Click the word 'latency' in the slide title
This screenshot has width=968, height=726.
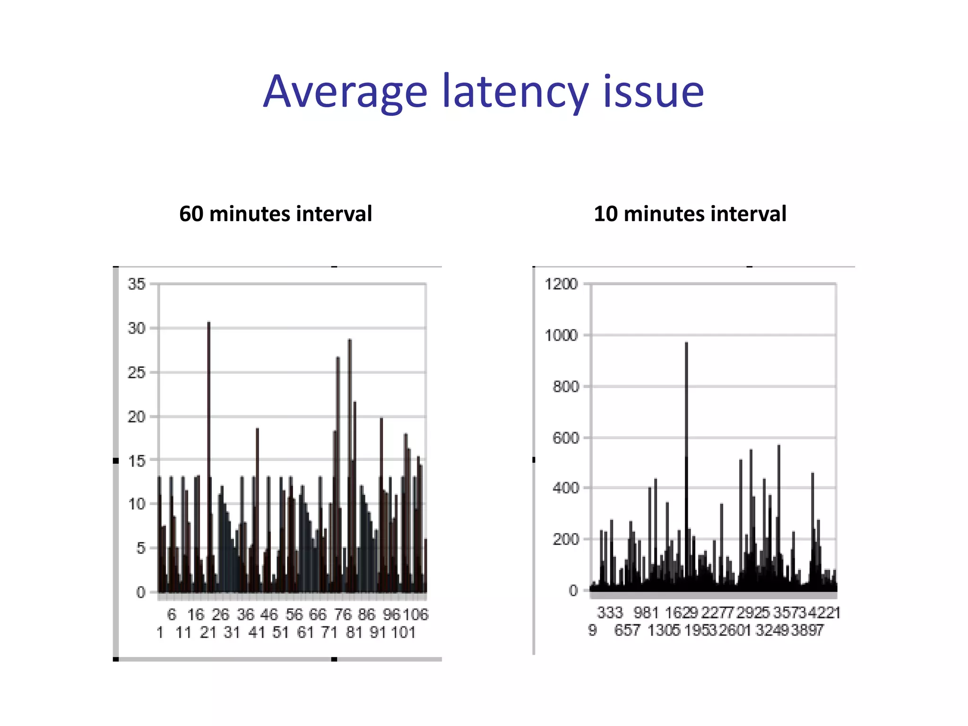(515, 92)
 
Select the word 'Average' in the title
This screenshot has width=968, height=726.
(346, 92)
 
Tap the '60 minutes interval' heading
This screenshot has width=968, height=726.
(276, 214)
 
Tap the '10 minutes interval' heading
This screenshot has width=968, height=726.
(690, 214)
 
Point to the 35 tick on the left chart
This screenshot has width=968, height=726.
(137, 284)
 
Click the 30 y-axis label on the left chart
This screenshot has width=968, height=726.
(137, 328)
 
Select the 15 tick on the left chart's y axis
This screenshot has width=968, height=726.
(137, 461)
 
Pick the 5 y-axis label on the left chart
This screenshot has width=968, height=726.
(141, 548)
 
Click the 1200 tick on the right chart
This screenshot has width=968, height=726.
(561, 284)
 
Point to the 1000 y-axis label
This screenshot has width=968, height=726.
(561, 336)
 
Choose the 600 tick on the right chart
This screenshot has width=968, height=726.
(565, 438)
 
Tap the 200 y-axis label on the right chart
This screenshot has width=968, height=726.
(565, 539)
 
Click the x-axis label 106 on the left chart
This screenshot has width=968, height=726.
(416, 614)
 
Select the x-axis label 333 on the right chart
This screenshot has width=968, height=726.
(610, 613)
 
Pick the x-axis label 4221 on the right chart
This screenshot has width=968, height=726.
(824, 613)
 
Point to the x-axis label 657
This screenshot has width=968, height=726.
(627, 630)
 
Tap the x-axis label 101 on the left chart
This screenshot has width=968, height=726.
(403, 632)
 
